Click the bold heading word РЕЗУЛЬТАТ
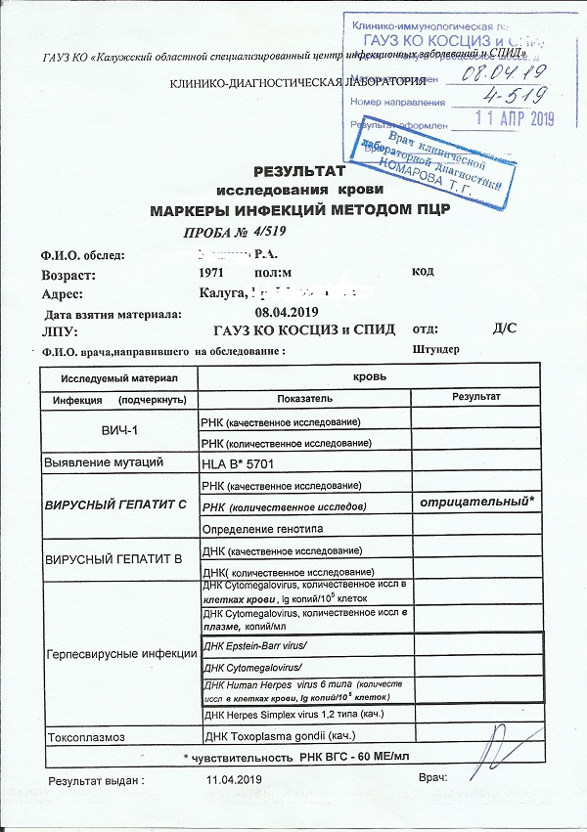point(293,171)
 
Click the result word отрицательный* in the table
point(475,503)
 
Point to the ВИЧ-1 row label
point(117,431)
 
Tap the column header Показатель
point(304,398)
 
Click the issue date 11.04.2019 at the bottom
point(235,779)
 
